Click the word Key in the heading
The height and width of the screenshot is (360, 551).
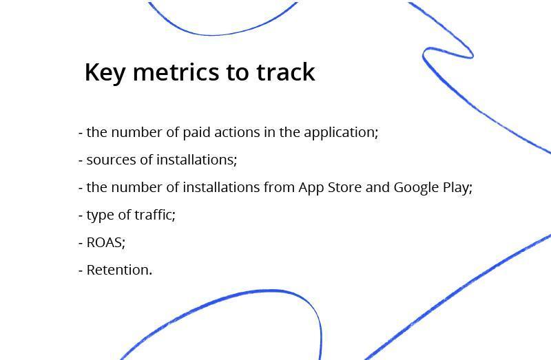105,73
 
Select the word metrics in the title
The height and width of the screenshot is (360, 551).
176,72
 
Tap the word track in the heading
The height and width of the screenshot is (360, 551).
285,72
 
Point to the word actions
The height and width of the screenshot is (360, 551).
237,132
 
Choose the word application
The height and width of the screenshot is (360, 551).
341,133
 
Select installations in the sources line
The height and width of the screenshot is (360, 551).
196,160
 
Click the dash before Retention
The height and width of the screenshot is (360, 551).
81,271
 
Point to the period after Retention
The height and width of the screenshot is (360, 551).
151,275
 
